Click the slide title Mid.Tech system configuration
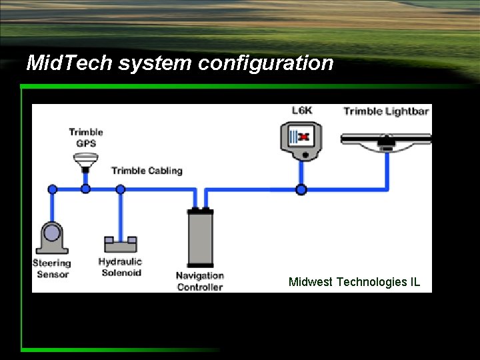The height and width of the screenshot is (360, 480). (x=179, y=63)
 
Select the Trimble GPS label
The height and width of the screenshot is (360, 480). (x=86, y=137)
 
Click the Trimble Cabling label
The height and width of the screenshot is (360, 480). (x=147, y=171)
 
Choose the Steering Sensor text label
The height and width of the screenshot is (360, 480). (x=53, y=269)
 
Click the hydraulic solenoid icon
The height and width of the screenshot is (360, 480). (x=120, y=245)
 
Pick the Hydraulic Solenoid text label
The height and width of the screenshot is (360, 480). (x=121, y=267)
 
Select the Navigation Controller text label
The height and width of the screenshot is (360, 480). (x=200, y=281)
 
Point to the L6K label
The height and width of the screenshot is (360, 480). (x=302, y=111)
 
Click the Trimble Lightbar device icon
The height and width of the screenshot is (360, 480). (x=385, y=139)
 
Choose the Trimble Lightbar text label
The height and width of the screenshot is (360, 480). (x=385, y=111)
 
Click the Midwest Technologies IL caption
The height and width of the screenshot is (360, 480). (x=354, y=282)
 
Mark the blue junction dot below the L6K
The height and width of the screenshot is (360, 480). (x=301, y=189)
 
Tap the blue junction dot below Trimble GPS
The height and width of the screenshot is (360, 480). (x=85, y=189)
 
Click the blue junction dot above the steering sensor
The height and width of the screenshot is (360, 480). (x=52, y=189)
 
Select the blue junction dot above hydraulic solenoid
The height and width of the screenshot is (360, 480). (x=120, y=189)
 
